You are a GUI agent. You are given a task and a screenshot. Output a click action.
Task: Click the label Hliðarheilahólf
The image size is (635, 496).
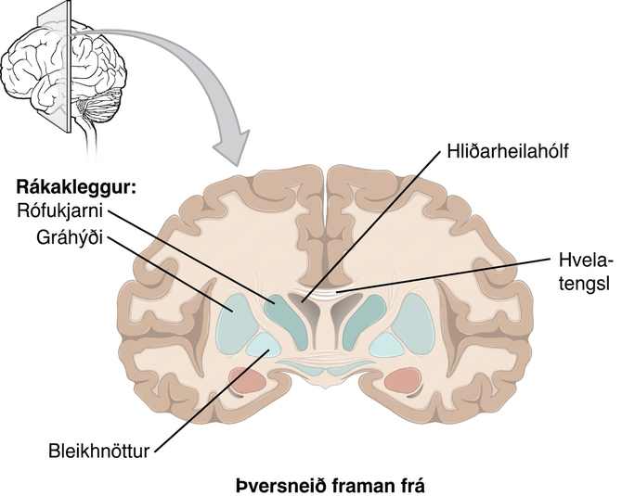point(508,151)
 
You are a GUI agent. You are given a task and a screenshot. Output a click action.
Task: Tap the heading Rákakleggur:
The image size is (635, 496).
point(76,188)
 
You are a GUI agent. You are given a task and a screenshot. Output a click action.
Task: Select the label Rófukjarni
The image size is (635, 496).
point(60,211)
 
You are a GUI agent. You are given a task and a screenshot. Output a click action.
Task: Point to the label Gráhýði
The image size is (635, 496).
point(70,237)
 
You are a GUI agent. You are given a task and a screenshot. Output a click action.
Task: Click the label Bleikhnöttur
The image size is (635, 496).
point(98,451)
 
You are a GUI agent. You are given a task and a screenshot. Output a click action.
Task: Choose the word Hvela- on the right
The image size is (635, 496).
point(586,261)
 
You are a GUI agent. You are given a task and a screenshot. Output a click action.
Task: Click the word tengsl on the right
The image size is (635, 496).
point(584,284)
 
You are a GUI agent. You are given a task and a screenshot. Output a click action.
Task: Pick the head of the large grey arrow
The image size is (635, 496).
point(232,148)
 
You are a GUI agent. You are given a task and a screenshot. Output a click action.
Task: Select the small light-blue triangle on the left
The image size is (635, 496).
point(264,345)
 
